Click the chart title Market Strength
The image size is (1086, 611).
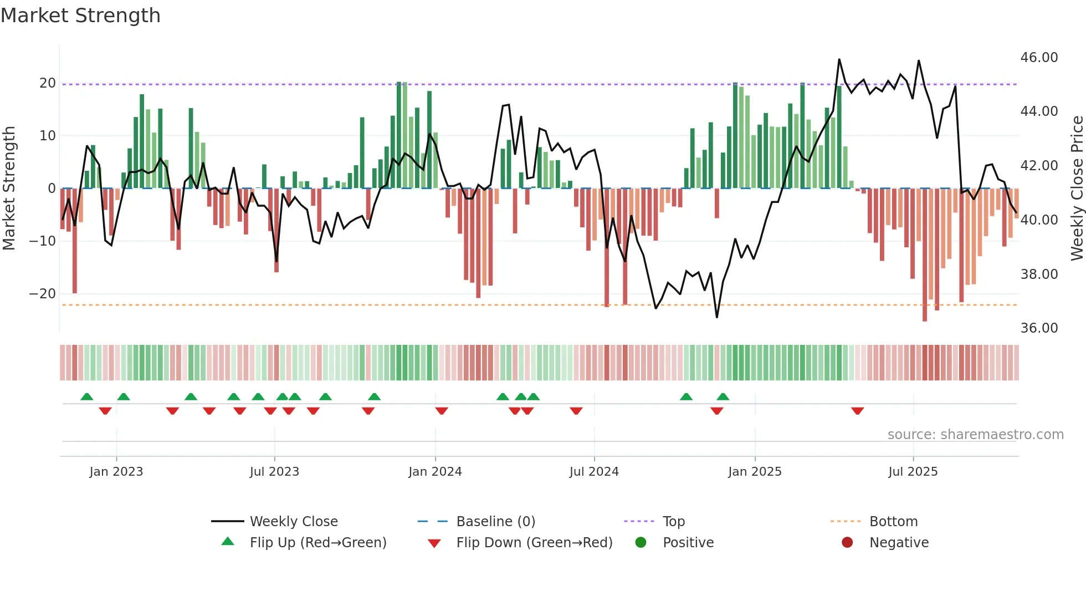[x=80, y=16]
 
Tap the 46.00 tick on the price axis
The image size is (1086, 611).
[x=1039, y=58]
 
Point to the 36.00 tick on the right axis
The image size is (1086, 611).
[x=1039, y=328]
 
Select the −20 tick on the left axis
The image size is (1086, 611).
[x=43, y=294]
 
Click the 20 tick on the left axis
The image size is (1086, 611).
[x=48, y=83]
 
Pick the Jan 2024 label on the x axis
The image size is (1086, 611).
[x=435, y=472]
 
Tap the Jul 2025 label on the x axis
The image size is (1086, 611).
[x=913, y=472]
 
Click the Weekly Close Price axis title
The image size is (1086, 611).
[x=1077, y=189]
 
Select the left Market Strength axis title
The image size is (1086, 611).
[x=9, y=189]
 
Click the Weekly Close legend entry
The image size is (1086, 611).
[x=293, y=522]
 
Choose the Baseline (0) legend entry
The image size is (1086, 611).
[x=495, y=522]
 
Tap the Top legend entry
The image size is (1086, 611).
[x=673, y=522]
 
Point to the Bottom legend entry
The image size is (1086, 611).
[x=893, y=522]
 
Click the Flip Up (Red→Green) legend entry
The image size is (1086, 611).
[x=317, y=543]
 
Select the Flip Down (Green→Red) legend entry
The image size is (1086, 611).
[x=534, y=543]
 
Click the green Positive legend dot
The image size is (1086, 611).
[x=641, y=543]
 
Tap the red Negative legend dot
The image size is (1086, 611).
[x=847, y=543]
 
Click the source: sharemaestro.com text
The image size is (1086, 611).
[x=975, y=435]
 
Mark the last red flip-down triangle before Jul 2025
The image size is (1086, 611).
[x=858, y=411]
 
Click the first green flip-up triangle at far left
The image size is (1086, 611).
[x=87, y=396]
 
